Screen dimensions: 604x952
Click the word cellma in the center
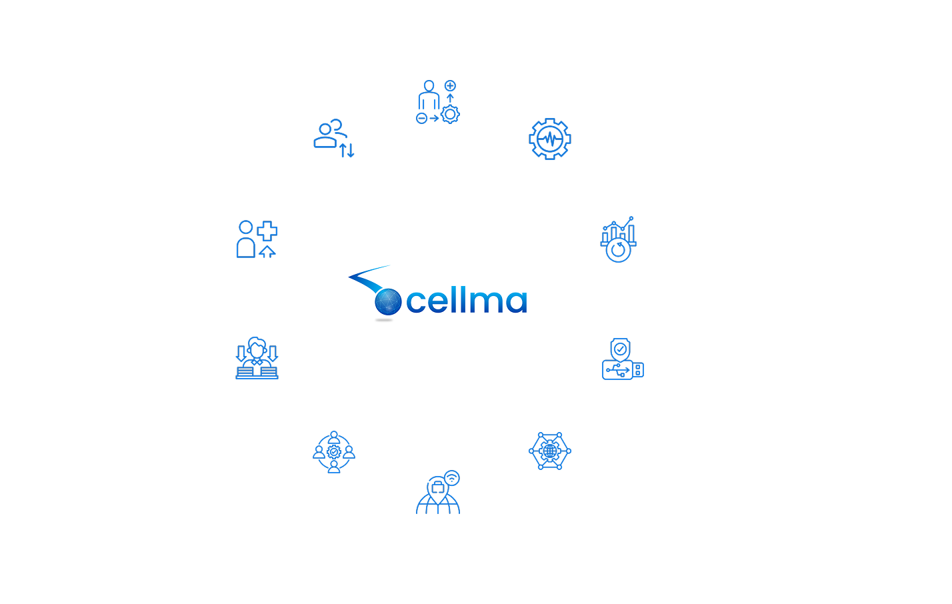(466, 301)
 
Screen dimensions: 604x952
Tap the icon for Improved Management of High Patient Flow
(438, 102)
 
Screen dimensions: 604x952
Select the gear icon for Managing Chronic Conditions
(550, 139)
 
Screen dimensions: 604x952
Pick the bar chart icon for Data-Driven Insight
(619, 238)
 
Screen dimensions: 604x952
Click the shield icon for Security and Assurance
(619, 361)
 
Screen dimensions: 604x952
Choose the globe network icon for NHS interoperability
(550, 451)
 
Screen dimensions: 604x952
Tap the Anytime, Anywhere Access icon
(438, 492)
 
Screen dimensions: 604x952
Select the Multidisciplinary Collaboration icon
(333, 451)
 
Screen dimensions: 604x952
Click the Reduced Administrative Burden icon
(257, 361)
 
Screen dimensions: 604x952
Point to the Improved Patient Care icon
(257, 238)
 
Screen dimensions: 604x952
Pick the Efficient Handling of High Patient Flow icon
(333, 139)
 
